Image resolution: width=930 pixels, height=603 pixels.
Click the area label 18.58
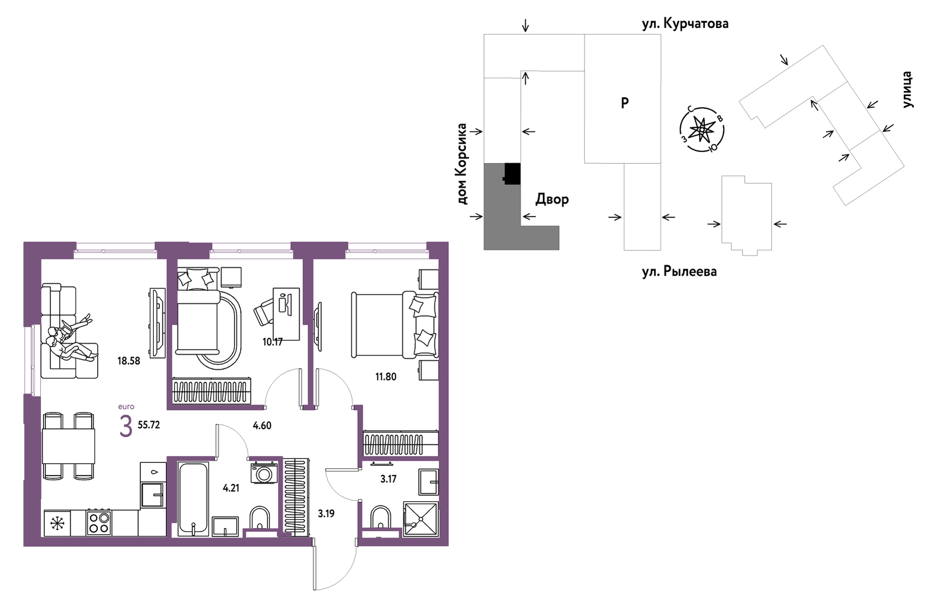click(129, 361)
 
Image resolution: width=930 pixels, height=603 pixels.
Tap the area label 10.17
click(272, 342)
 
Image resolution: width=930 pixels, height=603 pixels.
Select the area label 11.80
click(386, 377)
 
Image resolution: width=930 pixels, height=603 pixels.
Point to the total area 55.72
click(149, 425)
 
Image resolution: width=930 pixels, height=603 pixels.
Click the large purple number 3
click(126, 427)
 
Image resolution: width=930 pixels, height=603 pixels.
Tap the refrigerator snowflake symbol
click(57, 523)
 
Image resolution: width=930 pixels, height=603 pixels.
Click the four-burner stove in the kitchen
click(99, 523)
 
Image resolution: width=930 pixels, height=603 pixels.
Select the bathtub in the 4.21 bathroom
click(193, 499)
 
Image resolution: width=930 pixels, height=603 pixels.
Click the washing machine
click(264, 473)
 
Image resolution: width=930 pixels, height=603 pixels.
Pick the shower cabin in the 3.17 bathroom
click(421, 519)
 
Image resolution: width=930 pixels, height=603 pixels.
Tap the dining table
click(69, 446)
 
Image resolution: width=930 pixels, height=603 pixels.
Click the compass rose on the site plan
click(701, 129)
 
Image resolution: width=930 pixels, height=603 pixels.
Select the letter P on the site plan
click(624, 102)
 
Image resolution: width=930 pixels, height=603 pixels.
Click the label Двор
click(552, 200)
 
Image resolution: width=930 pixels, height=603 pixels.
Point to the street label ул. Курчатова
click(685, 23)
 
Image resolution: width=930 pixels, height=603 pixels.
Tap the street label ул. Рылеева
click(679, 272)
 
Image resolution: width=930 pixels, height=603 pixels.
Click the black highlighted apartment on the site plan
click(512, 174)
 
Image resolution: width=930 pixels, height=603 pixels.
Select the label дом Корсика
click(462, 164)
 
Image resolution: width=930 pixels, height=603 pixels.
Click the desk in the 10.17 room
click(286, 314)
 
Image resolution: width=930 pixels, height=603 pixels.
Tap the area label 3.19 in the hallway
click(326, 514)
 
